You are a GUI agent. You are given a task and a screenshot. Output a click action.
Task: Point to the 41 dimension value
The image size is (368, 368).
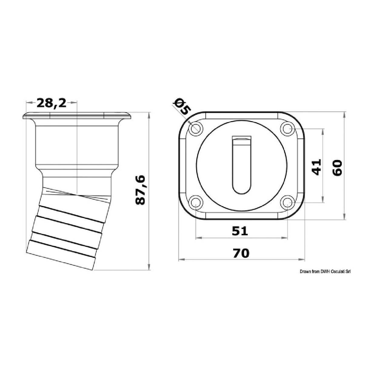[x=316, y=166]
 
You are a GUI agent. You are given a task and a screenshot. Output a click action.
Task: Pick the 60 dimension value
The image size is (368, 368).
[x=337, y=167]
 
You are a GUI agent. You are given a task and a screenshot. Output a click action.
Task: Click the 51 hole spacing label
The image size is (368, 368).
[x=240, y=231]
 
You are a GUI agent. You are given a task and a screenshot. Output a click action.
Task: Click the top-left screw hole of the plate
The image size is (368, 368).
[x=196, y=129]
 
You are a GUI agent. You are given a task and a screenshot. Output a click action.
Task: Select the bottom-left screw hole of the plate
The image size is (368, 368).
[x=196, y=202]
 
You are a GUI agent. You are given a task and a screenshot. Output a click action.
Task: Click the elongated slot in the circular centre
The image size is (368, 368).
[x=241, y=165]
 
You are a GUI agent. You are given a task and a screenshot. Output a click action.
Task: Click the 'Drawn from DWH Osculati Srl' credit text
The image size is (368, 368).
[x=325, y=272]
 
